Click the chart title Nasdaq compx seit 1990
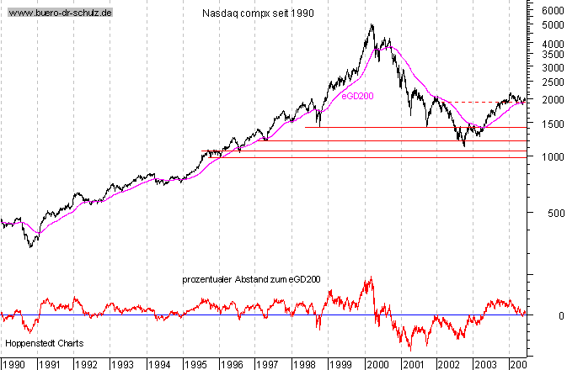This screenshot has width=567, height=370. [x=259, y=14]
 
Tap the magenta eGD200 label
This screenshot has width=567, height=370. [x=357, y=97]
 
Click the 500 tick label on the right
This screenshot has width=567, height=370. [x=552, y=214]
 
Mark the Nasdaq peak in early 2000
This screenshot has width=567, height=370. [x=372, y=25]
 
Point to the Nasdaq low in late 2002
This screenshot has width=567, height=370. [x=464, y=145]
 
